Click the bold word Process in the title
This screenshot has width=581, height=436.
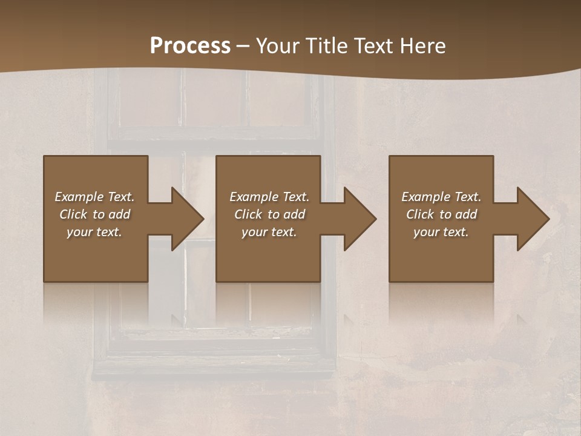point(190,46)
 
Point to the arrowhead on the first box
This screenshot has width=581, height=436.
point(185,219)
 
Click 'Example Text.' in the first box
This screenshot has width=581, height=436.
point(95,197)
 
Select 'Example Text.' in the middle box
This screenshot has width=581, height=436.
point(269,197)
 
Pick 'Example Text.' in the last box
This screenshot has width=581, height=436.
point(441,197)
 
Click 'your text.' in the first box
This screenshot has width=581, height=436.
point(94,232)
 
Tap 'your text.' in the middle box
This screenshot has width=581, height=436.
point(269,232)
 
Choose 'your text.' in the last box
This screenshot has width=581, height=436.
point(441,232)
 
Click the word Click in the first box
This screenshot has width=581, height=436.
point(73,214)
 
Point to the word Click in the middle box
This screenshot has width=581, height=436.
point(248,214)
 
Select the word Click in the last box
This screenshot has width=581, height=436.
point(420,214)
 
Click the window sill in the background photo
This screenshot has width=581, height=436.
point(215,366)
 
